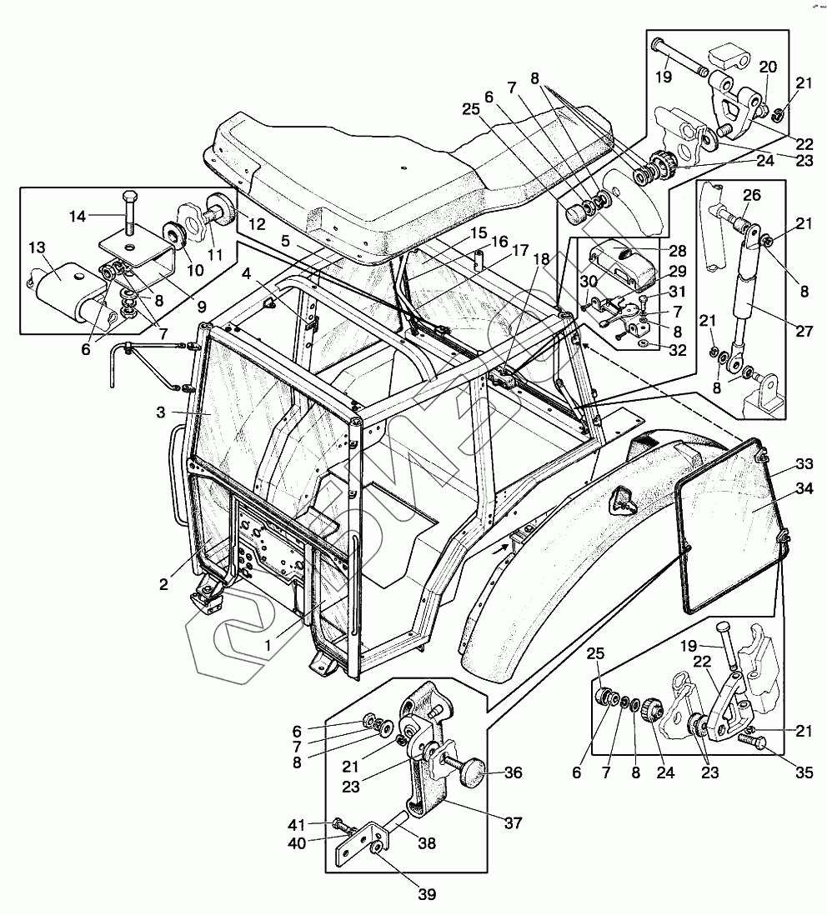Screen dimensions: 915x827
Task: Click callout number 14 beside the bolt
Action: [x=77, y=216]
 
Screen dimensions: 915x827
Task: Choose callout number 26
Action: [x=751, y=197]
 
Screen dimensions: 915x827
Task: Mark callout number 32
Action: [x=678, y=351]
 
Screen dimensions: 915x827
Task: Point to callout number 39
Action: [x=426, y=894]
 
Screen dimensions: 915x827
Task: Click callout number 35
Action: [x=803, y=772]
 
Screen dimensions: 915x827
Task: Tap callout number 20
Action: [x=768, y=67]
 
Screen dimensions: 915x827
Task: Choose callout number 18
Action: [x=541, y=258]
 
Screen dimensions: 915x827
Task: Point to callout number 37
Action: [x=513, y=823]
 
